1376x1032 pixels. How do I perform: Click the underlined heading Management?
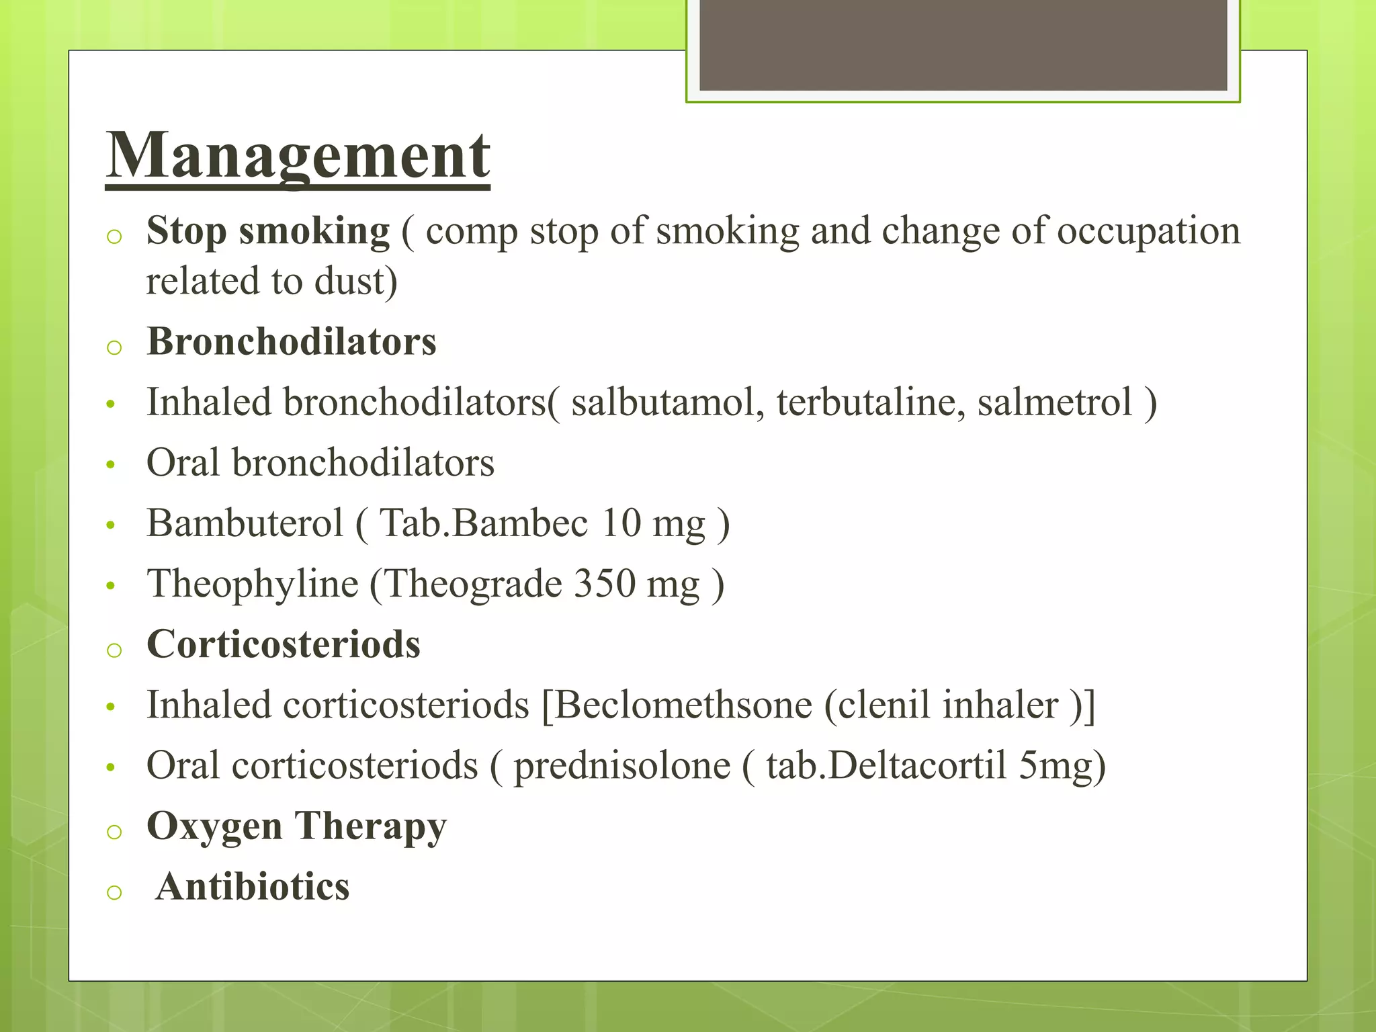298,156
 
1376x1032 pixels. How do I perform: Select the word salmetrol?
1054,403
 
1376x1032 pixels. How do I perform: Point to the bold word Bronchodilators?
292,341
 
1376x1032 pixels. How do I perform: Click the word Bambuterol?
245,523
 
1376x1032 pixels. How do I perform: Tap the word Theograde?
473,583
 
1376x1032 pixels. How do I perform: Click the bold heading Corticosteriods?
284,644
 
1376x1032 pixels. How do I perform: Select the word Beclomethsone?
682,705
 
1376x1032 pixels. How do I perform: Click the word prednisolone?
621,766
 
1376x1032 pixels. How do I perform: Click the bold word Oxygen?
214,826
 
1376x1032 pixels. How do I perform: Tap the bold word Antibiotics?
253,887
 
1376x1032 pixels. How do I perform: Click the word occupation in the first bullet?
1148,231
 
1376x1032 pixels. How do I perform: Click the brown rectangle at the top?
963,45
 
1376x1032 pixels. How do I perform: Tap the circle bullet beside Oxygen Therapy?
114,832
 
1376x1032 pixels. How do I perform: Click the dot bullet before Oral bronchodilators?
111,464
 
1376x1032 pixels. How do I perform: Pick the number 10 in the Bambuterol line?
621,523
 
